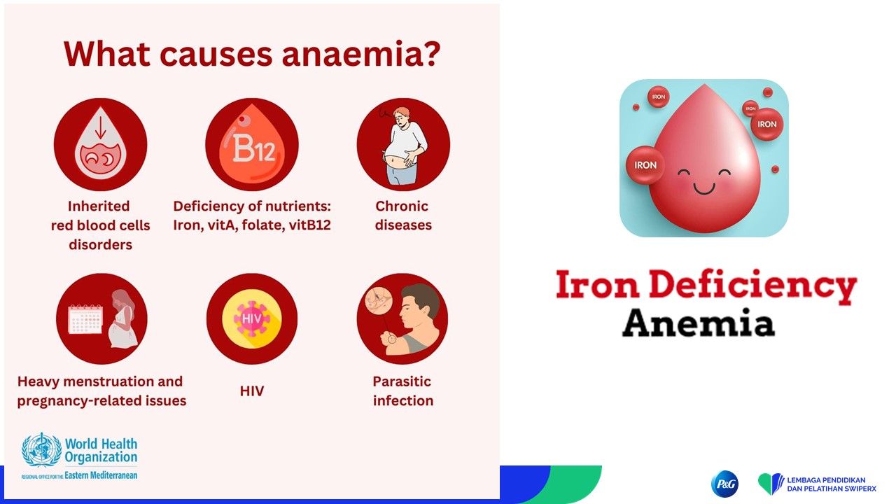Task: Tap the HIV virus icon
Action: click(x=251, y=318)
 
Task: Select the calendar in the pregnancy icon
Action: click(x=85, y=319)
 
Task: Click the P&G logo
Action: click(x=724, y=484)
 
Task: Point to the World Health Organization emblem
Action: click(x=41, y=449)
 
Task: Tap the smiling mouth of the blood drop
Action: click(x=704, y=188)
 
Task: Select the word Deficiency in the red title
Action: click(x=752, y=286)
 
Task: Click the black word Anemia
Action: click(x=699, y=323)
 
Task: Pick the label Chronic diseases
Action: click(x=403, y=216)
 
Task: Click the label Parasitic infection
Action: click(x=402, y=391)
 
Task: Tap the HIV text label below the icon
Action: click(x=252, y=391)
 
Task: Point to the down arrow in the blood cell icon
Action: click(x=100, y=127)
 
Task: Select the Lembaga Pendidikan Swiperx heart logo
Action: click(x=771, y=484)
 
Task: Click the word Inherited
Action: click(x=99, y=206)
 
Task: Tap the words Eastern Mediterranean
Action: click(x=101, y=475)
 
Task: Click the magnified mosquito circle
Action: click(x=378, y=301)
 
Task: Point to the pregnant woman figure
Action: click(x=122, y=318)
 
